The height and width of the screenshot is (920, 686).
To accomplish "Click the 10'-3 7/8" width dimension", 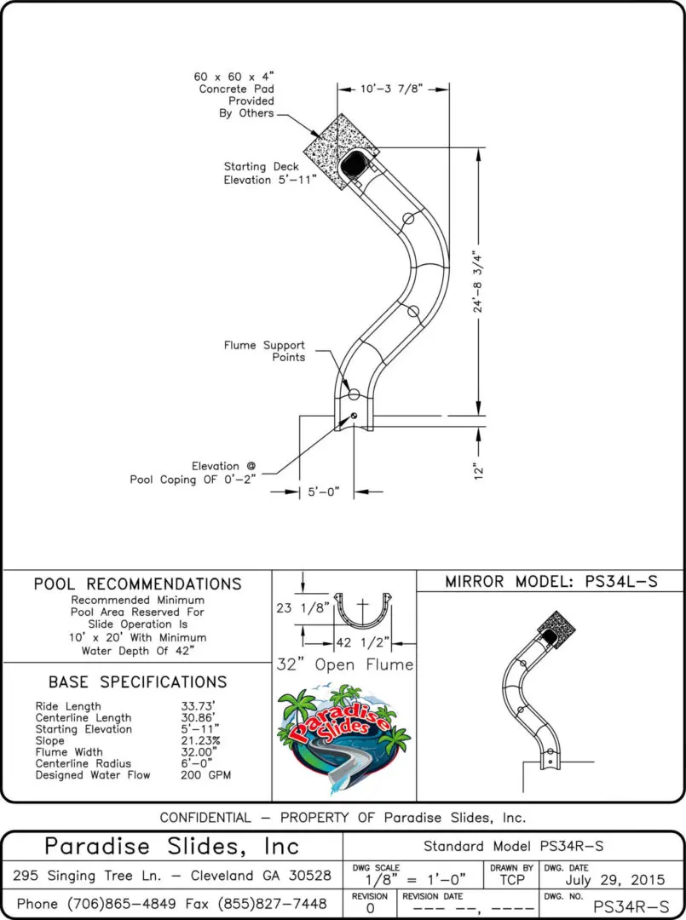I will (392, 88).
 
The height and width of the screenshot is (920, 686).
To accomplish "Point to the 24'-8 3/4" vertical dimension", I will (479, 281).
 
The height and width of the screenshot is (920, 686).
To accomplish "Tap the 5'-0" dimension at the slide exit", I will (324, 492).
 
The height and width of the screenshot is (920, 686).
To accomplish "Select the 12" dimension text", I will (479, 471).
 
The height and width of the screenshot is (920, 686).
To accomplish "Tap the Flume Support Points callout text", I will (264, 351).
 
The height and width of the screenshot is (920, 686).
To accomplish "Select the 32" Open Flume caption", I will (344, 664).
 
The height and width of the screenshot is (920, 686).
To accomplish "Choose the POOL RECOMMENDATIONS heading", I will (137, 584).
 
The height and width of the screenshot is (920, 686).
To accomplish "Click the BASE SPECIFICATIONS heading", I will (137, 682).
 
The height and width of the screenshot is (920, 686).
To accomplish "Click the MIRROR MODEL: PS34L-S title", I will (551, 582).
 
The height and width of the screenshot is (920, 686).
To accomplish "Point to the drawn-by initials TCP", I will (511, 879).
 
